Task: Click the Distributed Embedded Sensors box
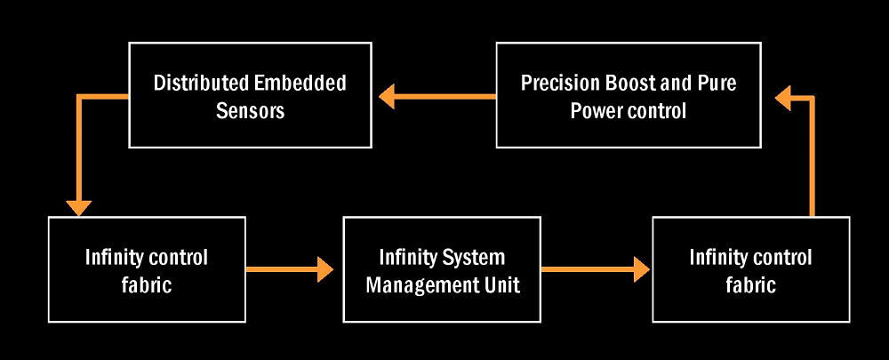250,95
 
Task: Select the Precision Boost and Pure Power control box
629,95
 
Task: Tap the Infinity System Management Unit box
442,269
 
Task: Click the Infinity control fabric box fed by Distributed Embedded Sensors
147,269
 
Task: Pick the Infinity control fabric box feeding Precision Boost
750,269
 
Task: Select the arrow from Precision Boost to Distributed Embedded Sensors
437,96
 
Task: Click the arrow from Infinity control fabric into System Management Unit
290,269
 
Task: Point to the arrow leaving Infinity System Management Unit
596,269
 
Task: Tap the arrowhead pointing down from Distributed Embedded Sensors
79,208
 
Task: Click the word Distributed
201,83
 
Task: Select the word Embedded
300,83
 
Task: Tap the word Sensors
250,110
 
